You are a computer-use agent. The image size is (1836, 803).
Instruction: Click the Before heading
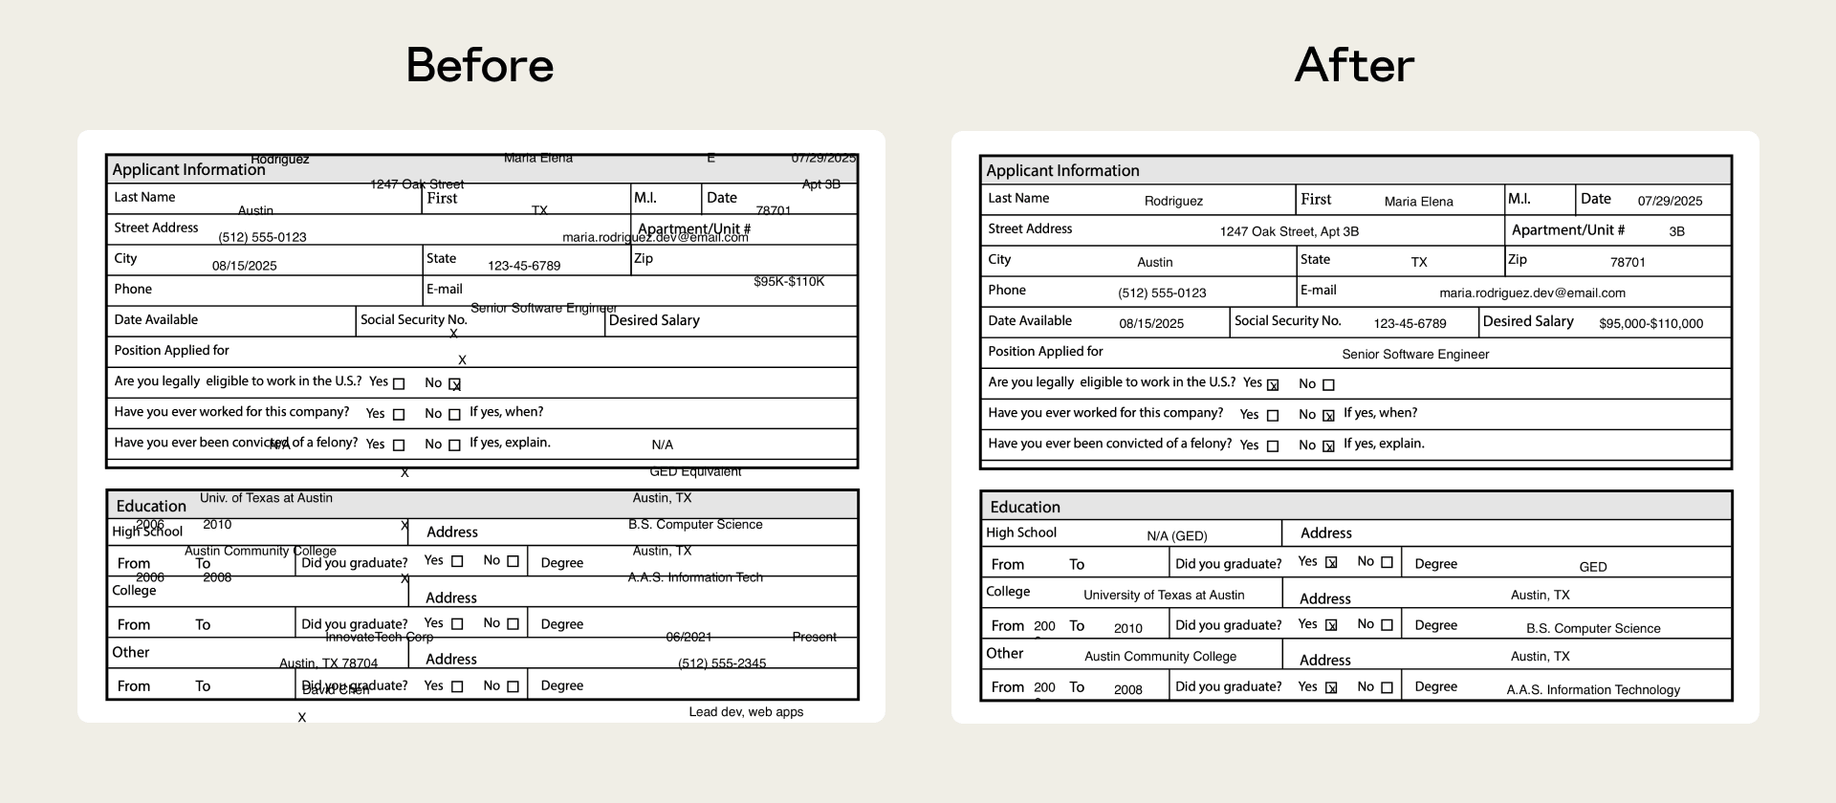[480, 65]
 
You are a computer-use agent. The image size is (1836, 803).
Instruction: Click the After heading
[1354, 65]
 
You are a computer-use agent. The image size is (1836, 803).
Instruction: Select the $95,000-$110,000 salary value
[1650, 324]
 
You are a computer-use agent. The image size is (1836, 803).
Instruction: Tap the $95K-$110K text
[789, 282]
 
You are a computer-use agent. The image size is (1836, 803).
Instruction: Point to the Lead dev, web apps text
[746, 712]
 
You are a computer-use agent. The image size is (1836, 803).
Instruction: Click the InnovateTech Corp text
[379, 637]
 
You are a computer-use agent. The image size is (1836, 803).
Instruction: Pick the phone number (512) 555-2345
[722, 663]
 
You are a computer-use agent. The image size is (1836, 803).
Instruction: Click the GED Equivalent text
[695, 471]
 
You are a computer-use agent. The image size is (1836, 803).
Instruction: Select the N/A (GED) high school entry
[1176, 536]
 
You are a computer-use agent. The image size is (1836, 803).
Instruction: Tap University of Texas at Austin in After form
[1164, 596]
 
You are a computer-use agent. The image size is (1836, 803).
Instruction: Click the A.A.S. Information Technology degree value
[1593, 690]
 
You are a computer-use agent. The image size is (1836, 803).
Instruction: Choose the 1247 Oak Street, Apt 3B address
[1289, 231]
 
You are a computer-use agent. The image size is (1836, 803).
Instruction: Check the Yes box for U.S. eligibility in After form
[1273, 385]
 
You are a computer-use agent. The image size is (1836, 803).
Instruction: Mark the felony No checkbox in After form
[1328, 446]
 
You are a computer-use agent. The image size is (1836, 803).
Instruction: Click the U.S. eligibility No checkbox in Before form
[455, 384]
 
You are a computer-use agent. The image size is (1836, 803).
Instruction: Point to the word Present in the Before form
[814, 637]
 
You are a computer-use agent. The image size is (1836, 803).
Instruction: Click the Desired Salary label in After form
[1528, 322]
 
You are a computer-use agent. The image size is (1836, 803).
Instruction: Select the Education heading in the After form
[1025, 508]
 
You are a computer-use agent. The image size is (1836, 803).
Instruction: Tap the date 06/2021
[688, 637]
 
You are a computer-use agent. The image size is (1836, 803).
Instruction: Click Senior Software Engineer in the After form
[1415, 355]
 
